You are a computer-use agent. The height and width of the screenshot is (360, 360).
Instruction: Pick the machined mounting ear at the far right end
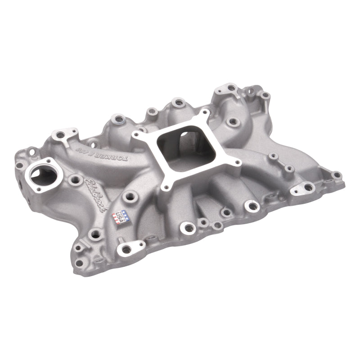click(306, 188)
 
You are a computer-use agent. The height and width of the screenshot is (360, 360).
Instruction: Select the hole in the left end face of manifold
click(20, 185)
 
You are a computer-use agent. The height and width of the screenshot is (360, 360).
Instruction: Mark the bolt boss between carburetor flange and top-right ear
click(233, 121)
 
